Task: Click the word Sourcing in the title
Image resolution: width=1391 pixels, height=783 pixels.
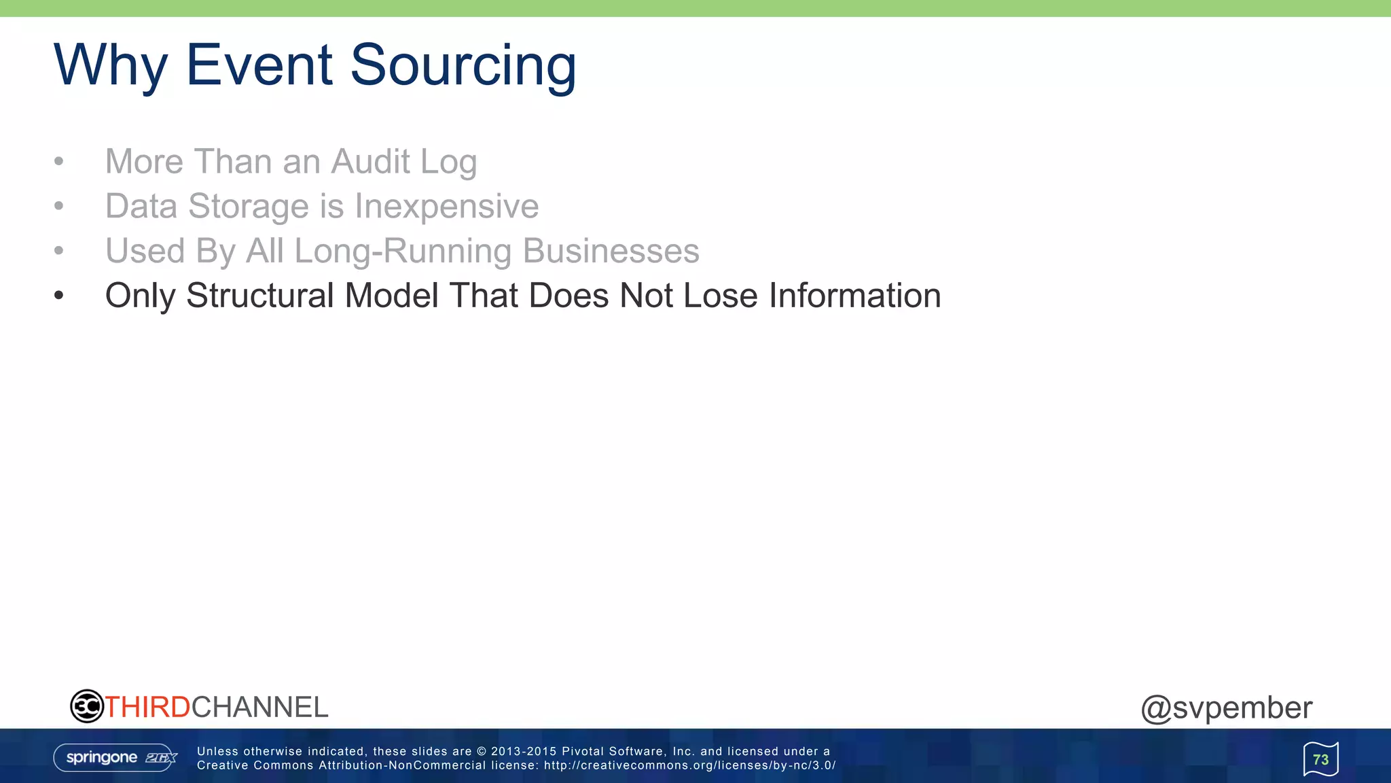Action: click(463, 66)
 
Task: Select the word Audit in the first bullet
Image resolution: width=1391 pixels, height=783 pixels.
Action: click(370, 162)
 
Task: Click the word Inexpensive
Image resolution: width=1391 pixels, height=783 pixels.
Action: click(446, 206)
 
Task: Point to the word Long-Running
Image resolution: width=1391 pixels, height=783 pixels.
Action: click(403, 251)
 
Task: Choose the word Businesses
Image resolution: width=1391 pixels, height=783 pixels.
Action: click(611, 251)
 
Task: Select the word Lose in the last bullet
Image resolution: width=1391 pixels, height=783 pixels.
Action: click(720, 296)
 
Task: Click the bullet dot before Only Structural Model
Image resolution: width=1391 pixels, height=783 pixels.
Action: click(59, 296)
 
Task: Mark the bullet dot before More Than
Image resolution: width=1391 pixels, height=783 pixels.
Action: click(59, 162)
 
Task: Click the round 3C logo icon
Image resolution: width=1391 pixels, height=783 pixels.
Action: click(87, 706)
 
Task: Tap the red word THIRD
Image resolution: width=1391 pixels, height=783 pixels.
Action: click(147, 707)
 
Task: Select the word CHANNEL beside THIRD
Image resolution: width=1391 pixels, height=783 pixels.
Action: click(260, 707)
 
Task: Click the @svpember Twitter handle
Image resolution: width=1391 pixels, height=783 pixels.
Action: click(1226, 708)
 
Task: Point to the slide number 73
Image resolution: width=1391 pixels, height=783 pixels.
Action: click(1320, 759)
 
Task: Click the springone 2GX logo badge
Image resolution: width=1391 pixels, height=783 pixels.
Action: click(115, 758)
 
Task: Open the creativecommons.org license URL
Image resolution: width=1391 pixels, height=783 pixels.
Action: click(689, 765)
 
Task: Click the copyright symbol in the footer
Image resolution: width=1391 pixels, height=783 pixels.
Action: click(482, 751)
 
